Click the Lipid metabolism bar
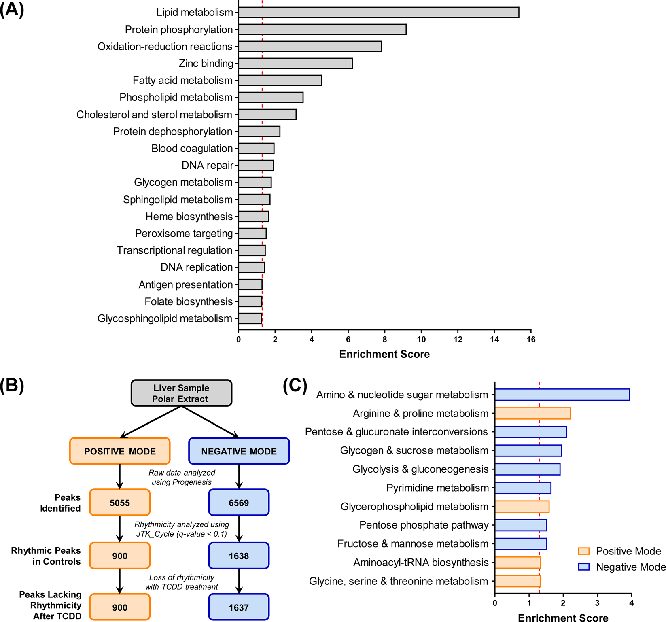379,13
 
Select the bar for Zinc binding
295,64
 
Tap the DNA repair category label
207,166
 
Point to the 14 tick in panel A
494,340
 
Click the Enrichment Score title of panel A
384,354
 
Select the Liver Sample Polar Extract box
181,393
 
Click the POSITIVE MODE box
120,451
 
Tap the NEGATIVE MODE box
239,451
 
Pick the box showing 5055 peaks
120,503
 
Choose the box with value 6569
239,503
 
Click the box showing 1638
239,556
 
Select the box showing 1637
239,607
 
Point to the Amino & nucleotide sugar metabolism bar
562,395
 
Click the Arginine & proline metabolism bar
532,413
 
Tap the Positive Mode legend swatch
583,551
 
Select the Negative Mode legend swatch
583,567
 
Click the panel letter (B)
12,386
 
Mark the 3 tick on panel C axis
597,603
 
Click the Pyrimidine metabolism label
437,488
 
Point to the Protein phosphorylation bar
322,30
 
